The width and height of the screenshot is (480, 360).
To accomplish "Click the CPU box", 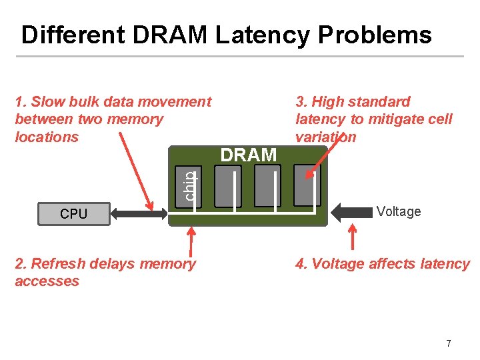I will pos(73,214).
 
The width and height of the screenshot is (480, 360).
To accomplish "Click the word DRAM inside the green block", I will pos(248,155).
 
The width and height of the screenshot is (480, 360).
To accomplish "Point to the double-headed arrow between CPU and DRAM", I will pos(140,214).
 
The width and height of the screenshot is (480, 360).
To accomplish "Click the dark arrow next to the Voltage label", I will pos(351,213).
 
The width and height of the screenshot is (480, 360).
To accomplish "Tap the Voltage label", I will pos(398,212).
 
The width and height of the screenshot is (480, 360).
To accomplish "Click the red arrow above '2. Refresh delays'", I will pos(193,241).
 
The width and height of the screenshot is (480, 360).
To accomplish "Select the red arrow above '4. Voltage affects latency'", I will pos(353,238).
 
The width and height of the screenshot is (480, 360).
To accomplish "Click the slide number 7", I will pos(448,343).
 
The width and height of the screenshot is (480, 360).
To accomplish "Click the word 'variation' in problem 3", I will pos(326,137).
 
